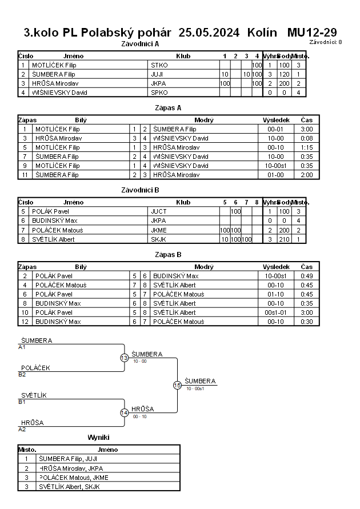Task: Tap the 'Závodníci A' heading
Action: click(141, 43)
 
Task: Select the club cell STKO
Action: click(159, 65)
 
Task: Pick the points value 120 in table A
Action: click(282, 74)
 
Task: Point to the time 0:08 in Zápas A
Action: click(307, 138)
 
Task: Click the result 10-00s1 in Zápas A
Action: click(277, 166)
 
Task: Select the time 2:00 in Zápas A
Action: click(307, 175)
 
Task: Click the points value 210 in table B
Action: click(282, 239)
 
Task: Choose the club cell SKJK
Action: click(159, 239)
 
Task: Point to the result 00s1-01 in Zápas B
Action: click(277, 312)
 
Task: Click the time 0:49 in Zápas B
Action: click(307, 276)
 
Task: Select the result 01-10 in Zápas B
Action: click(277, 294)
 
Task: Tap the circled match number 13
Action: click(124, 358)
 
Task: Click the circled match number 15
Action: click(177, 386)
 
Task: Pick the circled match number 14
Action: click(124, 413)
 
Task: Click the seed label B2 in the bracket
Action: click(22, 375)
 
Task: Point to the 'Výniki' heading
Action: click(98, 438)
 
